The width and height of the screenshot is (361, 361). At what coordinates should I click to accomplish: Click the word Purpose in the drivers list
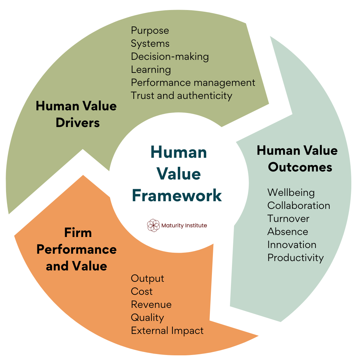pos(150,30)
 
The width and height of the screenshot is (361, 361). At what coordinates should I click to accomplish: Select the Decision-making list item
pos(170,56)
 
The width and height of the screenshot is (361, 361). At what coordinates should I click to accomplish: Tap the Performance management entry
pos(193,83)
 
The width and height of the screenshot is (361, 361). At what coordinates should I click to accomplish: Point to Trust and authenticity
pos(182,96)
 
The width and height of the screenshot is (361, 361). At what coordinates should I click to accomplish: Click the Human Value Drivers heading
pos(77,114)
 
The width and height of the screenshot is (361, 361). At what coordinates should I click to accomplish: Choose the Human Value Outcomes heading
pos(297,159)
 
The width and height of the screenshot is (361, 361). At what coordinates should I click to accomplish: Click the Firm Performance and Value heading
pos(77,249)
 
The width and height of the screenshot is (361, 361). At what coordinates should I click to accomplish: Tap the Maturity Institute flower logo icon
pos(153,225)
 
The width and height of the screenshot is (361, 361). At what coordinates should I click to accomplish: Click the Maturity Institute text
pos(184,226)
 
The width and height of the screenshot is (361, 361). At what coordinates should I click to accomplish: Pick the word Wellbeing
pos(291,193)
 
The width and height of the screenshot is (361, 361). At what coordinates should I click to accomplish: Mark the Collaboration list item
pos(299,206)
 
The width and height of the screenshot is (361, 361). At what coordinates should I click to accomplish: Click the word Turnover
pos(288,219)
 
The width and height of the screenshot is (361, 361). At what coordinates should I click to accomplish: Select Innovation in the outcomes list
pos(292,245)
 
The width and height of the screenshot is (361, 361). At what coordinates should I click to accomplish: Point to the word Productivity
pos(295,258)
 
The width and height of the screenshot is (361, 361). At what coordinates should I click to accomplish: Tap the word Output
pos(147,278)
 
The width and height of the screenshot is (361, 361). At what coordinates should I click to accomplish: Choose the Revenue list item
pos(151,305)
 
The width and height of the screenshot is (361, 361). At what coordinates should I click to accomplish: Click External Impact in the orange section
pos(167,331)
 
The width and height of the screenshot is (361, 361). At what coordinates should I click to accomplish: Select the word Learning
pos(151,70)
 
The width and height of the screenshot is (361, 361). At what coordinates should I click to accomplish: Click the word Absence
pos(288,232)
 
